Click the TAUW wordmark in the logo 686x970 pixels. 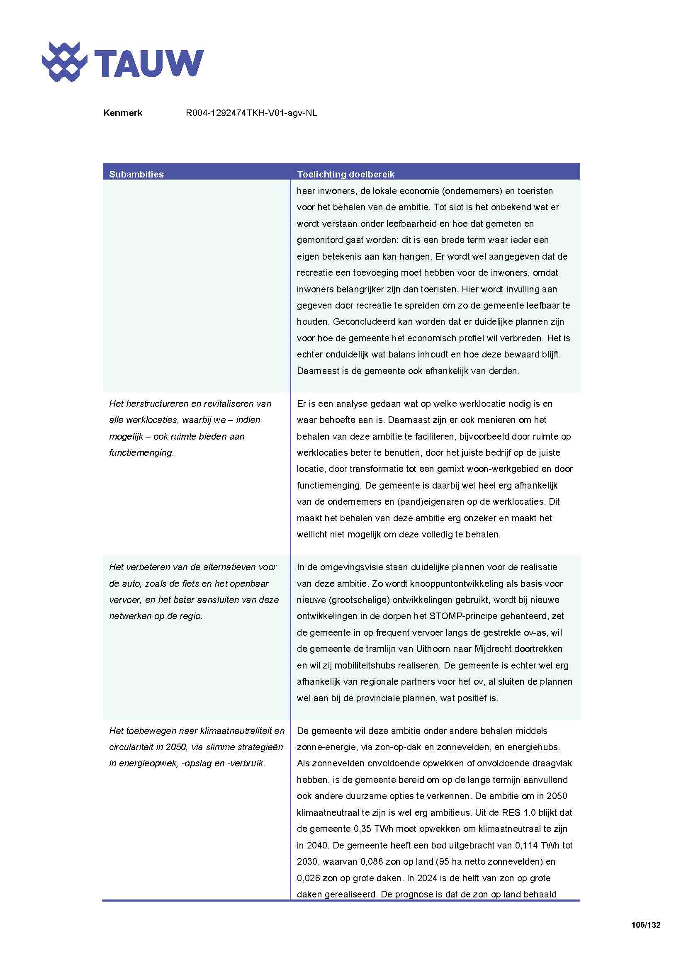[x=149, y=63]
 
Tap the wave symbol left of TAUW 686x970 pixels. [x=64, y=62]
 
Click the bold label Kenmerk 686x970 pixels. [x=122, y=113]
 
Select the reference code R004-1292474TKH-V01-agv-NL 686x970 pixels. [x=251, y=113]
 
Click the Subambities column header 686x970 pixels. [x=136, y=174]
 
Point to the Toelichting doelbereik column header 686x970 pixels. [x=345, y=174]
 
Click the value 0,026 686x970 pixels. [x=308, y=878]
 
